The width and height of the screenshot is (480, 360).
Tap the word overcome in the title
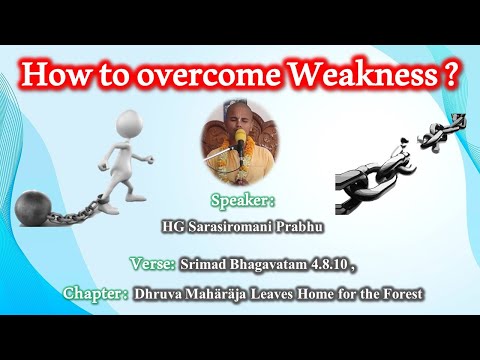(200, 76)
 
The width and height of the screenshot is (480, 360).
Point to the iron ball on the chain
(34, 209)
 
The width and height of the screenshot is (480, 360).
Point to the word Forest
(402, 294)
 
